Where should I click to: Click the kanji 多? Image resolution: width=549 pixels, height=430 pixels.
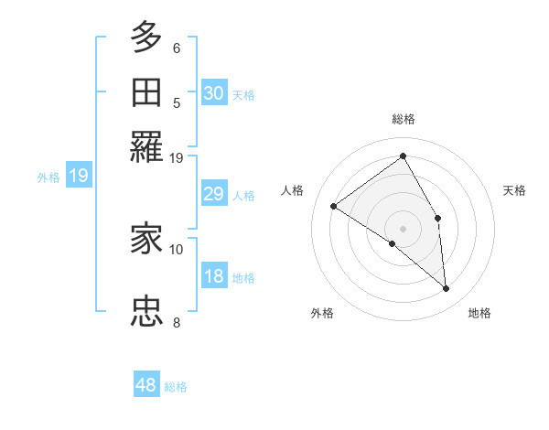[x=147, y=38]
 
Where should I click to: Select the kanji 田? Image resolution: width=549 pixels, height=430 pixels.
[x=147, y=92]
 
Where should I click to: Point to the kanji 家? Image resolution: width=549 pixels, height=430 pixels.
[x=147, y=240]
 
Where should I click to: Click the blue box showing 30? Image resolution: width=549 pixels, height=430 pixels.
[x=214, y=93]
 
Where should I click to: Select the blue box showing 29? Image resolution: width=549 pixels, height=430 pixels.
[x=214, y=194]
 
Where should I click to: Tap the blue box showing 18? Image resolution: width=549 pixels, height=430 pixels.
[x=214, y=276]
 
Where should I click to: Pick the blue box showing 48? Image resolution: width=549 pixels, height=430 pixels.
[x=146, y=385]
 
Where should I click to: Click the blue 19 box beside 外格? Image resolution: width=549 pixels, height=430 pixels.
[x=79, y=176]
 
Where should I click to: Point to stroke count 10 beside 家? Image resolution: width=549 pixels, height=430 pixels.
[x=177, y=249]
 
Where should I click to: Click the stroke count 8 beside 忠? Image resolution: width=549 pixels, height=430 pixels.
[x=177, y=322]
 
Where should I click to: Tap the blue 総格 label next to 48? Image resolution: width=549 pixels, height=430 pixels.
[x=176, y=387]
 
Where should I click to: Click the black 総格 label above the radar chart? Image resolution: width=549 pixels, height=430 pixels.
[x=404, y=119]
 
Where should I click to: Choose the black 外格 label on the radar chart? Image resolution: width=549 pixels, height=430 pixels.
[x=321, y=314]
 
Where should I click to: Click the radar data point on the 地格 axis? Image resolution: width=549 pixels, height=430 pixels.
[x=447, y=289]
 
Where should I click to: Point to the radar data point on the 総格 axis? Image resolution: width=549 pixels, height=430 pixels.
[x=404, y=156]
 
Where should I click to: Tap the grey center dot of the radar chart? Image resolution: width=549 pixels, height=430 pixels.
[x=404, y=227]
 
